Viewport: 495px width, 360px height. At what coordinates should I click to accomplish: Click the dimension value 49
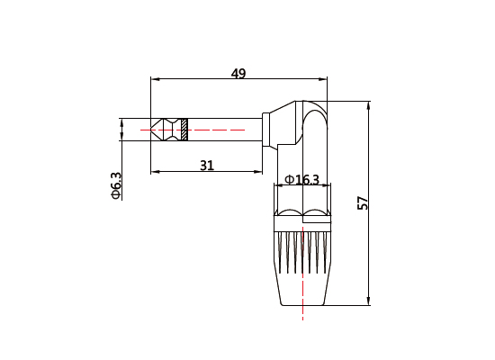click(x=238, y=74)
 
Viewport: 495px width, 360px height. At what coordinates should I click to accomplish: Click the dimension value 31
click(x=207, y=166)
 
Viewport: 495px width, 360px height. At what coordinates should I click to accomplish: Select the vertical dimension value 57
click(x=363, y=203)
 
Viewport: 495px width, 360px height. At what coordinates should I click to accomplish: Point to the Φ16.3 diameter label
click(x=301, y=180)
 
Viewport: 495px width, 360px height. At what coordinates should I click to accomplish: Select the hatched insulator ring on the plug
click(x=184, y=130)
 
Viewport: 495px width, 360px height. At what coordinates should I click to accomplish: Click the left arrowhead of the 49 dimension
click(x=155, y=79)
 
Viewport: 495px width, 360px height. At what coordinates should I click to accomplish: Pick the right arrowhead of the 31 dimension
click(x=258, y=171)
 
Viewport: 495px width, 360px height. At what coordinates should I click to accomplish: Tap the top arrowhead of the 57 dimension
click(x=369, y=105)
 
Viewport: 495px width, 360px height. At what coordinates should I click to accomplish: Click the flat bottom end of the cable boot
click(x=302, y=305)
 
